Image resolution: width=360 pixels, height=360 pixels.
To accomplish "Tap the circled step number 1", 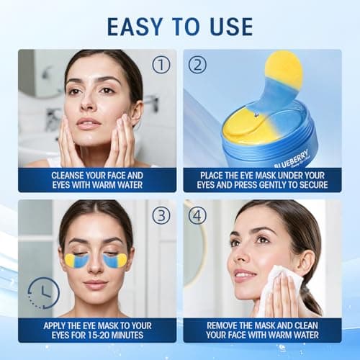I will pyautogui.click(x=161, y=64).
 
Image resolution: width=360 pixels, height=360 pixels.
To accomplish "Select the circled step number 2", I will pyautogui.click(x=197, y=64).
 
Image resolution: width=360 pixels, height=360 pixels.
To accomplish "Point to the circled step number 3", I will pyautogui.click(x=162, y=215).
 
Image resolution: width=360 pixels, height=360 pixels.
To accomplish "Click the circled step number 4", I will pyautogui.click(x=197, y=215).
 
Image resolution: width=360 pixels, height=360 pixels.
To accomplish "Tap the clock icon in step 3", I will pyautogui.click(x=43, y=293).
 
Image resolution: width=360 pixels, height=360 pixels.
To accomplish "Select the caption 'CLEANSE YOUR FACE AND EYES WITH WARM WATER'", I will pyautogui.click(x=97, y=180).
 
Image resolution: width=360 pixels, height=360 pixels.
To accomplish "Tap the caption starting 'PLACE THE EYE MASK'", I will pyautogui.click(x=262, y=180).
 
